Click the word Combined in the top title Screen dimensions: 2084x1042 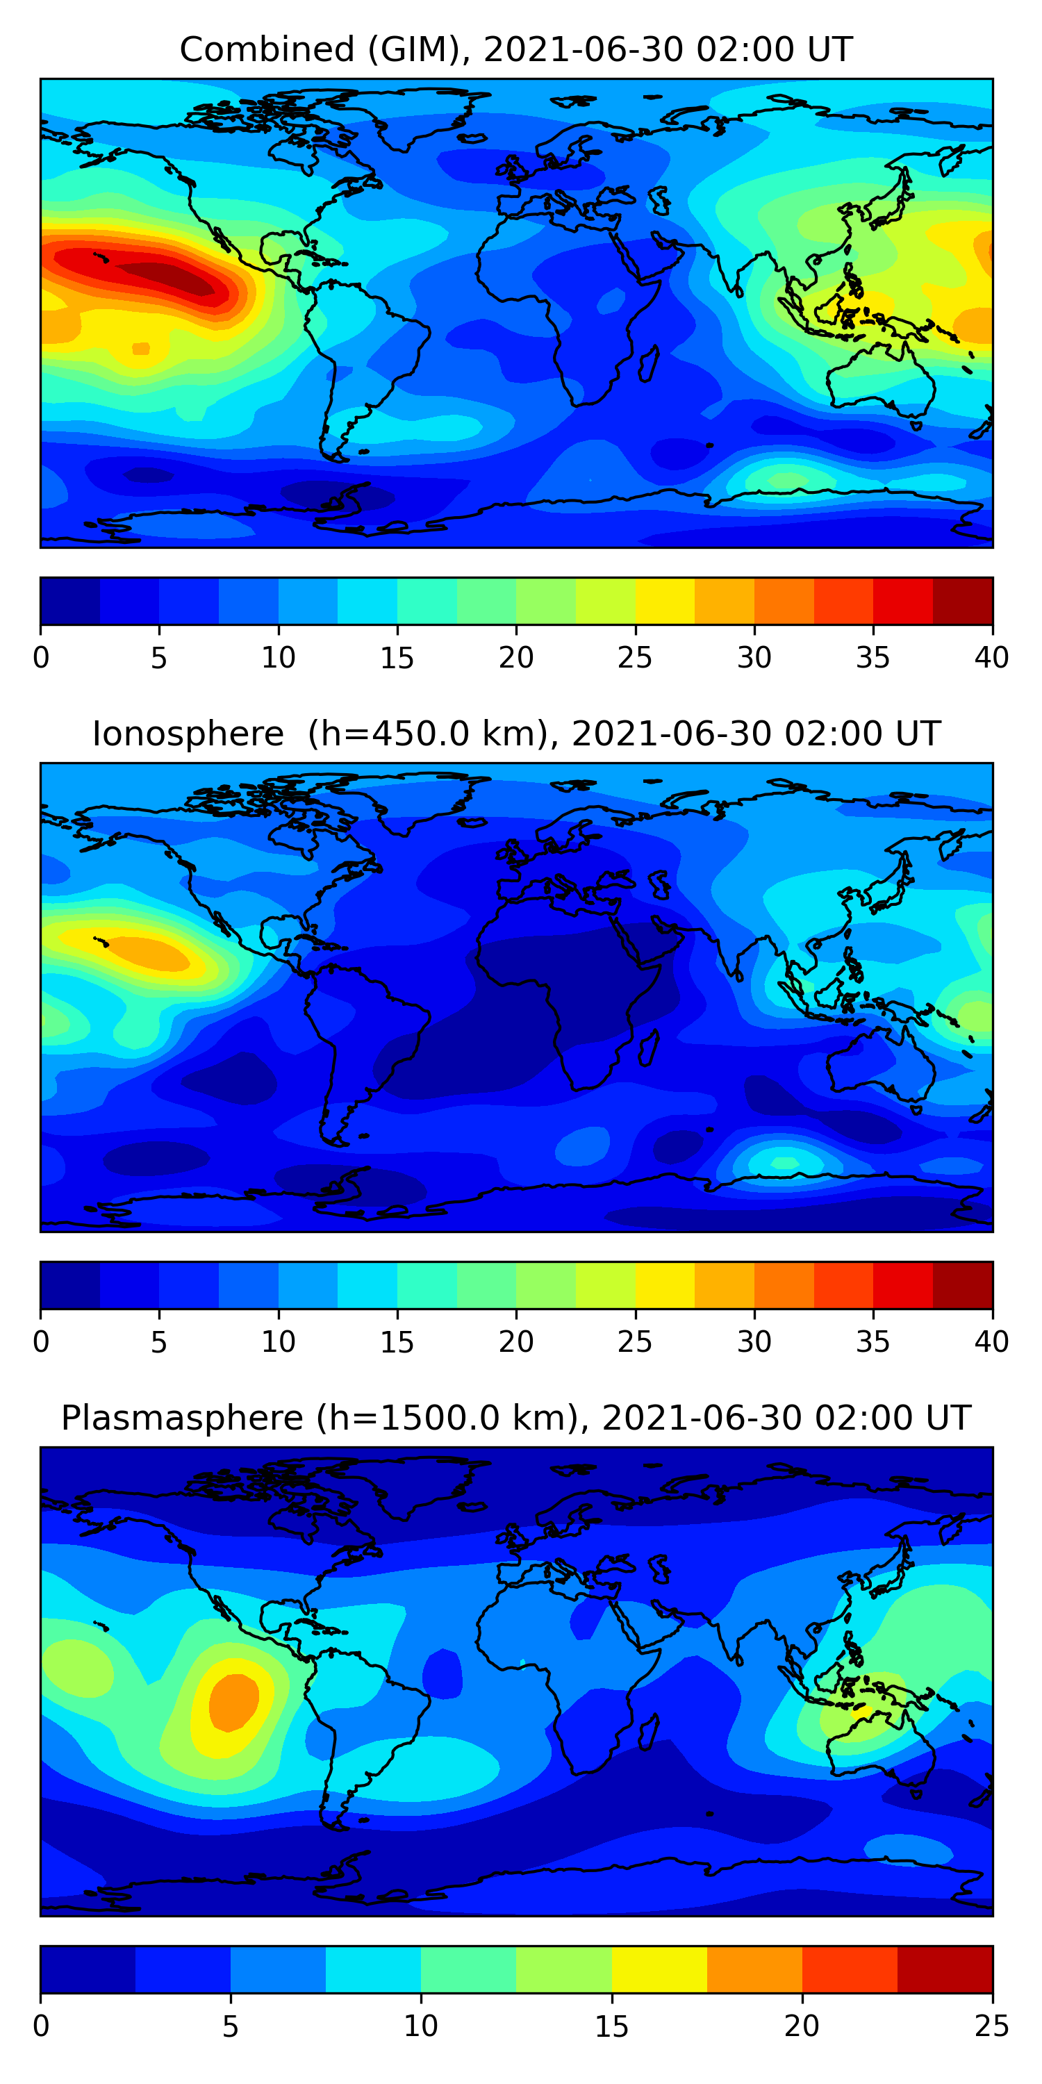pos(266,50)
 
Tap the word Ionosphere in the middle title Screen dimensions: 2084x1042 pos(188,734)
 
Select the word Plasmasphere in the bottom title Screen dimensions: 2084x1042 pos(182,1419)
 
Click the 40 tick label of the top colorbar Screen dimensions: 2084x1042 pos(992,658)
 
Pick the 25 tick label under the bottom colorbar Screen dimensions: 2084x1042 pos(992,2026)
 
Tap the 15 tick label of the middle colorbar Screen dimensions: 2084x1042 pos(397,1341)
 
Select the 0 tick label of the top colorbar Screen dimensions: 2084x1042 pos(41,658)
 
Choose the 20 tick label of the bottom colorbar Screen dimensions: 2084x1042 pos(802,2026)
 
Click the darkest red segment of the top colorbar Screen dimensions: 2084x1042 pos(963,601)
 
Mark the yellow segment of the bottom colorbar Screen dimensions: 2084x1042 pos(659,1969)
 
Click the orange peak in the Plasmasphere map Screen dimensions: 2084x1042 pos(234,1701)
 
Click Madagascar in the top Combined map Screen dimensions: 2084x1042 pos(648,364)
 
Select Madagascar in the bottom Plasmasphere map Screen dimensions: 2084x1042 pos(648,1732)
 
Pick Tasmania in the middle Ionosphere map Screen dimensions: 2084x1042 pos(916,1109)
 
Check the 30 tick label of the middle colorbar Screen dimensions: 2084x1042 pos(754,1341)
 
